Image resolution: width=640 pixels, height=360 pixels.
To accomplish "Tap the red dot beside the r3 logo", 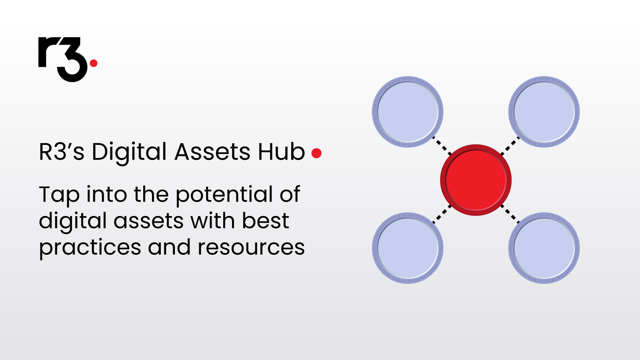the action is (94, 63).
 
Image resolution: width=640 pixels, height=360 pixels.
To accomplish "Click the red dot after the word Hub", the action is (316, 153).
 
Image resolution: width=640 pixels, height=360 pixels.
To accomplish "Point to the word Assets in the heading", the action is (212, 152).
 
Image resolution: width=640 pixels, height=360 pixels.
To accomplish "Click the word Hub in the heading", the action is (282, 152).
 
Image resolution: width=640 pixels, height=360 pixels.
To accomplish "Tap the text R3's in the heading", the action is (62, 152).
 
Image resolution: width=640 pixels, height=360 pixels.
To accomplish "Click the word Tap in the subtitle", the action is (59, 196).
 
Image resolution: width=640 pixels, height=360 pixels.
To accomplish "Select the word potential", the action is (224, 196).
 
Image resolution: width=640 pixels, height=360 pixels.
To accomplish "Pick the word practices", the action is (90, 248).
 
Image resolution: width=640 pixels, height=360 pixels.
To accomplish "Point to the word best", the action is (266, 220).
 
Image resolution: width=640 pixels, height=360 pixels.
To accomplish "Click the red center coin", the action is (476, 180).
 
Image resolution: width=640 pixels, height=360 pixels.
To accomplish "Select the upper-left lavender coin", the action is (408, 112).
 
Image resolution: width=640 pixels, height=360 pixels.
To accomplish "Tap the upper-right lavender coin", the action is (544, 112).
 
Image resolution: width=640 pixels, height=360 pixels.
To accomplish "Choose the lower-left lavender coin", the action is (408, 248).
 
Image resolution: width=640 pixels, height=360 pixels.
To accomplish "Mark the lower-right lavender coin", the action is (544, 248).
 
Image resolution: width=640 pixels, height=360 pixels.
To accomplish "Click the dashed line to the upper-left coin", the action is (442, 146).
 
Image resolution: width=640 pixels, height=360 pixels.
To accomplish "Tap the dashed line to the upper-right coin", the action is (510, 146).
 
